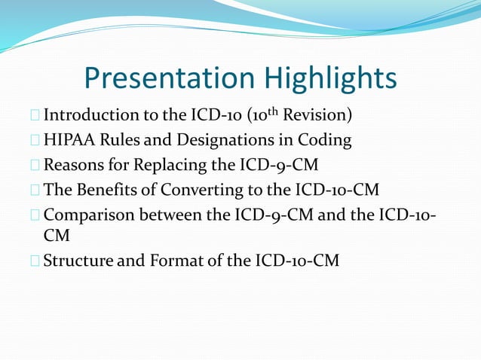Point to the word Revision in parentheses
pos(316,117)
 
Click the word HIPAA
pos(71,140)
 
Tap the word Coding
pos(326,140)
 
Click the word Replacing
pos(167,163)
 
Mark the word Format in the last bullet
pos(170,261)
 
